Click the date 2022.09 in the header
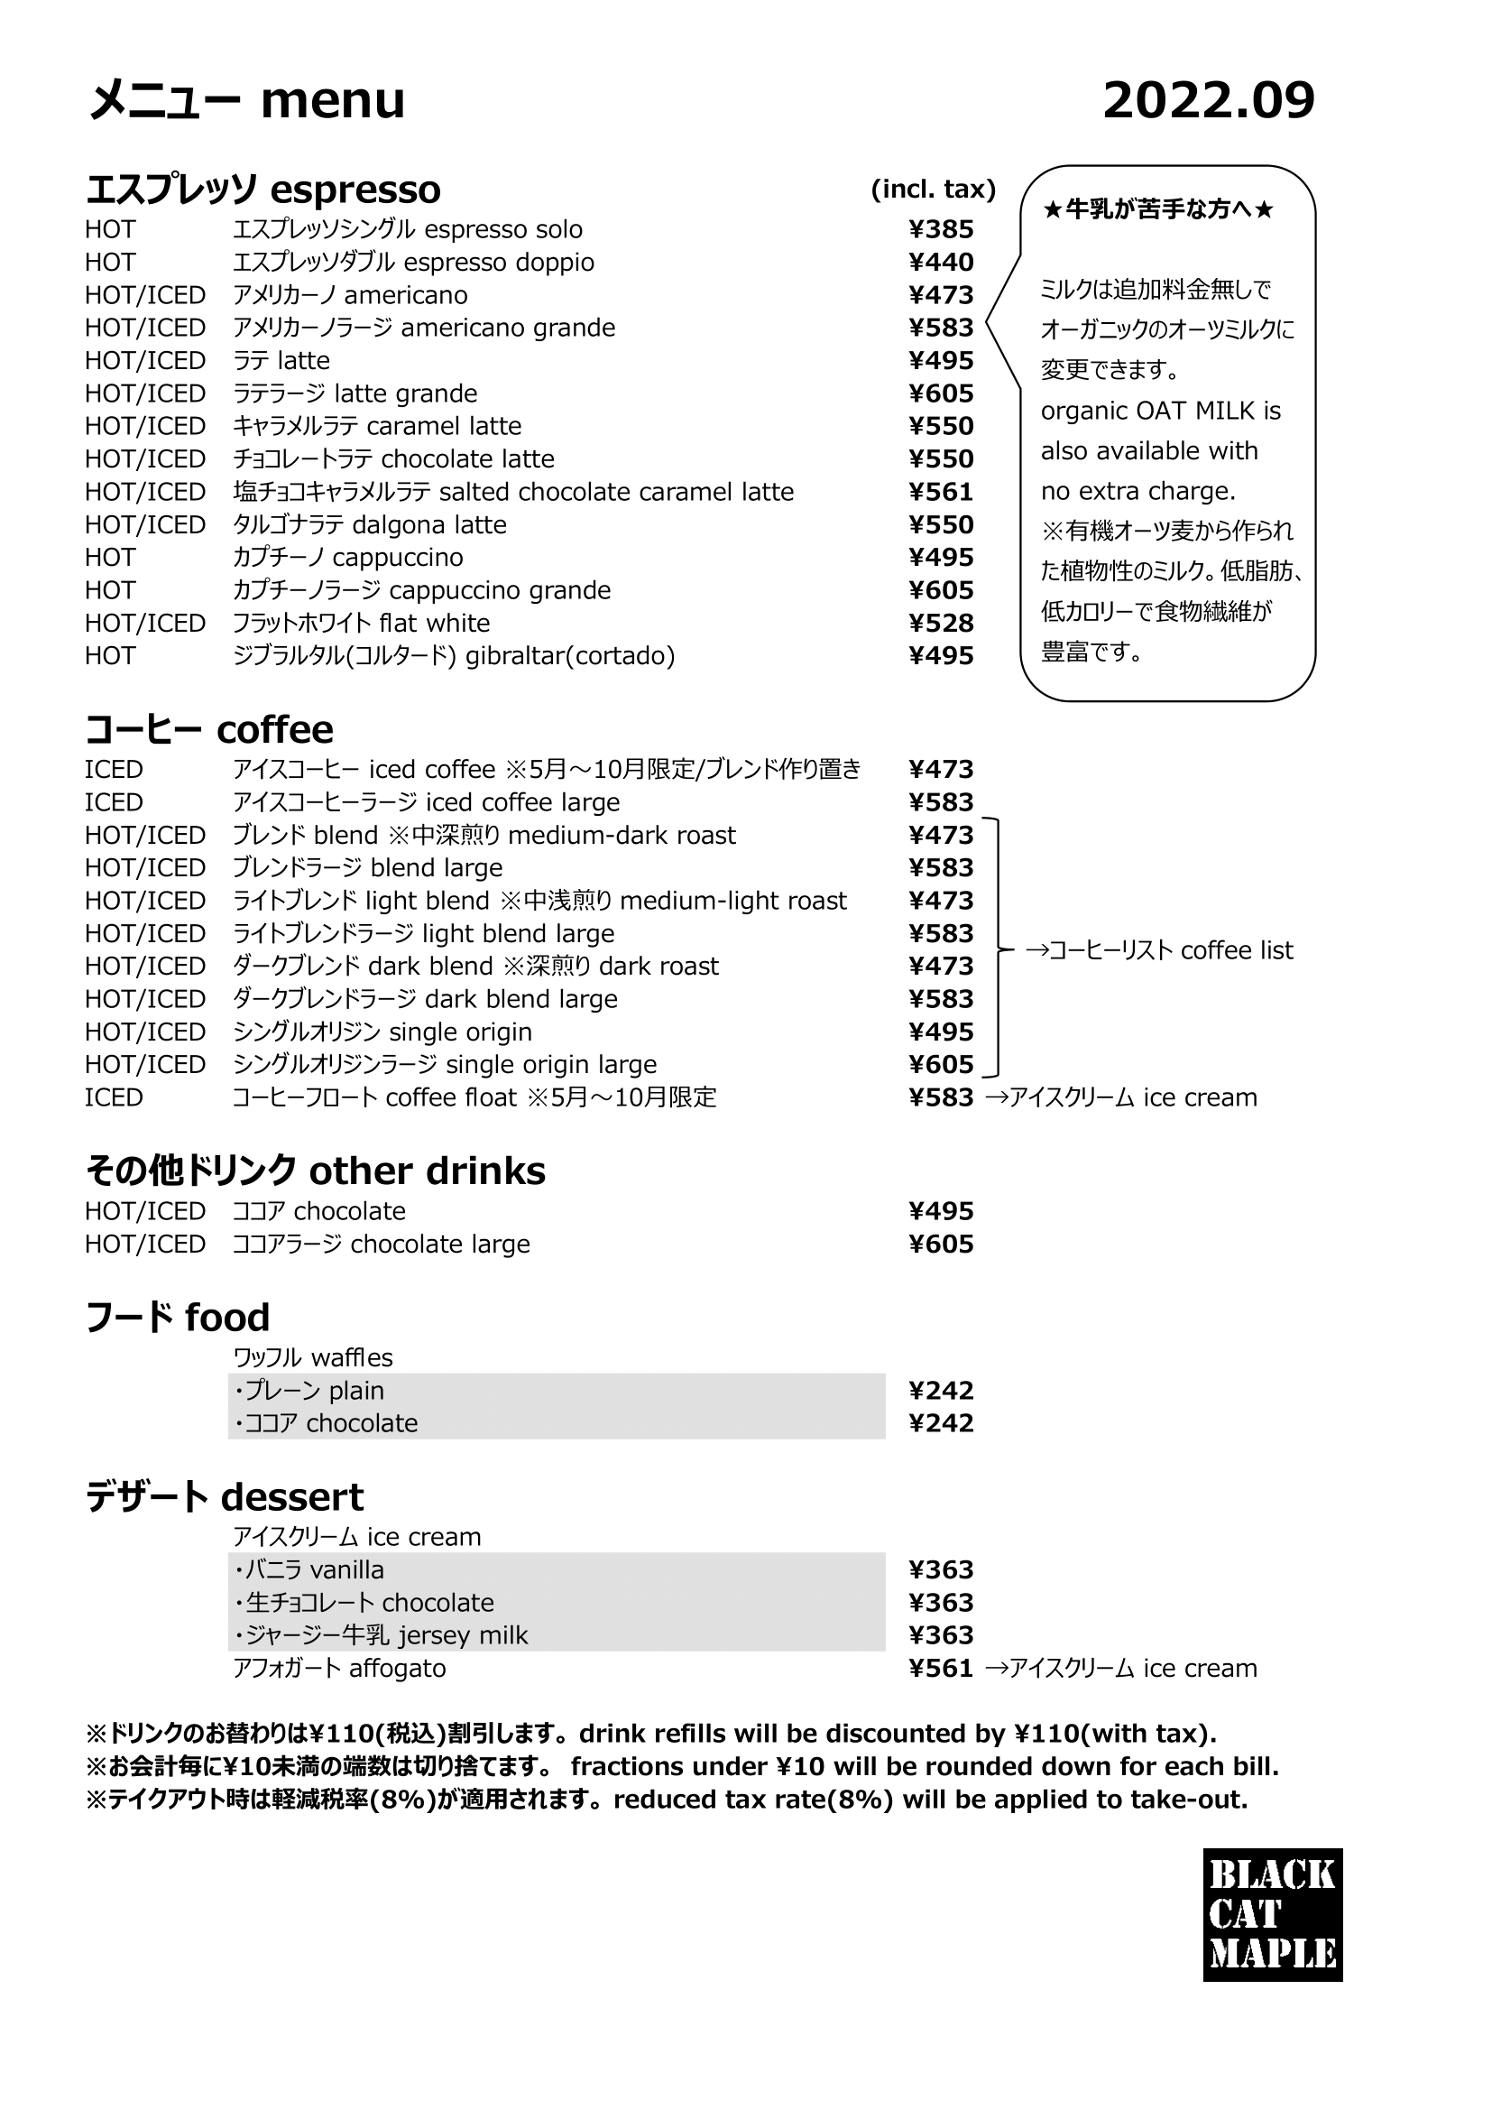pos(1208,100)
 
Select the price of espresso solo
pos(941,229)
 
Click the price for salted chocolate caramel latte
pos(941,492)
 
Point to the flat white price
pos(941,623)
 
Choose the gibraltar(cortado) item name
pos(454,656)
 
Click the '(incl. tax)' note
pos(933,190)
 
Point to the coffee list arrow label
pos(1158,950)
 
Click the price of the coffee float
pos(941,1097)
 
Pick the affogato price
pos(941,1668)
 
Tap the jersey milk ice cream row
pos(381,1635)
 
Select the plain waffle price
pos(941,1391)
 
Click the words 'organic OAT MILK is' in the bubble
pos(1160,411)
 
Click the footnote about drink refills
pos(650,1735)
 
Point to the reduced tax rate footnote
pos(666,1800)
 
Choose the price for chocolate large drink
pos(941,1244)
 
